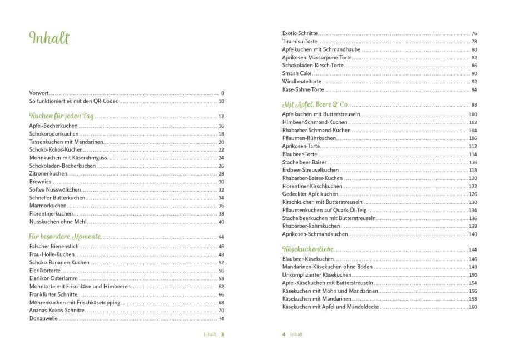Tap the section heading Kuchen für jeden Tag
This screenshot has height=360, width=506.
click(62, 117)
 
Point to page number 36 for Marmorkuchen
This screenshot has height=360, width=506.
click(221, 206)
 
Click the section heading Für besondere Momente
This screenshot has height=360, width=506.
click(65, 237)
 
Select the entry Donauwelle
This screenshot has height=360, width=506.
click(43, 318)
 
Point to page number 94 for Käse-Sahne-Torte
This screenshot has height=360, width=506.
click(474, 89)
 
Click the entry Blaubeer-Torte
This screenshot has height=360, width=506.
click(300, 154)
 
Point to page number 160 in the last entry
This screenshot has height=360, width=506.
click(473, 307)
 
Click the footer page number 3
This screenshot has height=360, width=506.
click(222, 334)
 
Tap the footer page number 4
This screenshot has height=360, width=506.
click(284, 334)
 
